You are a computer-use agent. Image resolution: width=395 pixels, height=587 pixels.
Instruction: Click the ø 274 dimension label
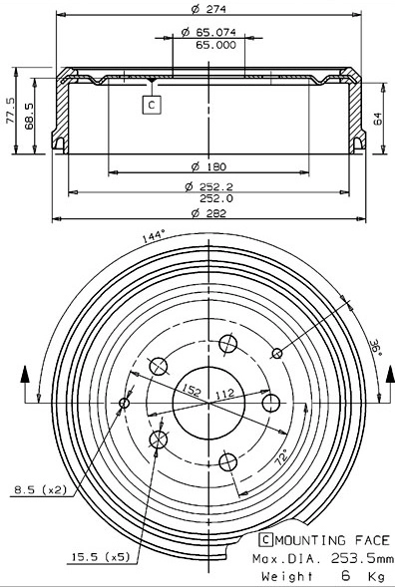pos(208,10)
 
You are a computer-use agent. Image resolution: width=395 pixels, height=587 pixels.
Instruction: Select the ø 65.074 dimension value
pos(208,33)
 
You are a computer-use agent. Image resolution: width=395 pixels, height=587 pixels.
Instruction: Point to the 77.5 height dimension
pos(10,112)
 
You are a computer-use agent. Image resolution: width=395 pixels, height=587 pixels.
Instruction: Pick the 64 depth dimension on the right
pos(378,116)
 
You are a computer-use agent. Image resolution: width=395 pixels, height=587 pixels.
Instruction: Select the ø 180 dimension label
pos(208,164)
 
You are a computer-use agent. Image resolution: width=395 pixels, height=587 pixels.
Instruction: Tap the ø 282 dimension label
pos(208,210)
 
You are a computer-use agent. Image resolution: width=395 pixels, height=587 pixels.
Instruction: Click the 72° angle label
pos(282,459)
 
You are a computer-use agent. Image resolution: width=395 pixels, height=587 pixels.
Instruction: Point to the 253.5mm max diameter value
pos(351,558)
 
